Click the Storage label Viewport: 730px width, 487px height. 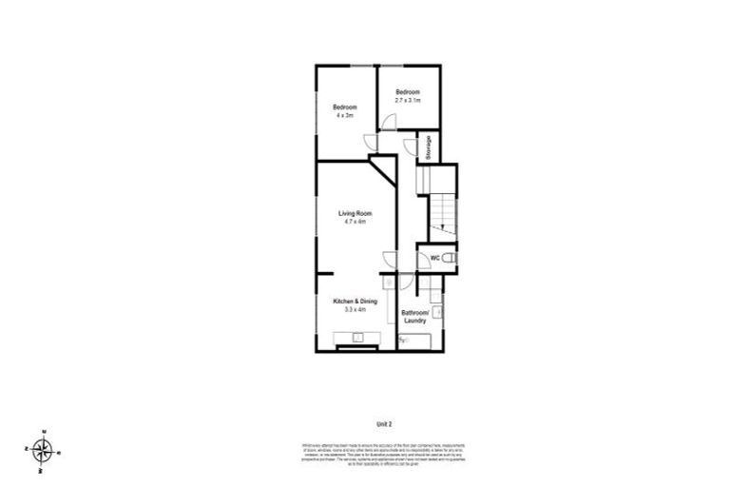429,146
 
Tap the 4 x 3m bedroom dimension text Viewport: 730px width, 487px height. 343,115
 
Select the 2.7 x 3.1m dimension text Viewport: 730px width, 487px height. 408,99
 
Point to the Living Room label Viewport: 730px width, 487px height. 355,213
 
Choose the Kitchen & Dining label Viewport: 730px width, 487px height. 355,302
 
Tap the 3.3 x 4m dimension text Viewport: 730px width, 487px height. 355,309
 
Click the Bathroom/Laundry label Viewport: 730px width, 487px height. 415,316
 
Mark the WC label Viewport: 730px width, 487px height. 434,258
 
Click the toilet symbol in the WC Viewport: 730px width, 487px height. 451,258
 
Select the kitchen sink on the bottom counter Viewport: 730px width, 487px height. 358,336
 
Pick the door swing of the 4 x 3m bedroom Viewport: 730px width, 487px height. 371,143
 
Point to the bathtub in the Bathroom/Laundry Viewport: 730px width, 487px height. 418,341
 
